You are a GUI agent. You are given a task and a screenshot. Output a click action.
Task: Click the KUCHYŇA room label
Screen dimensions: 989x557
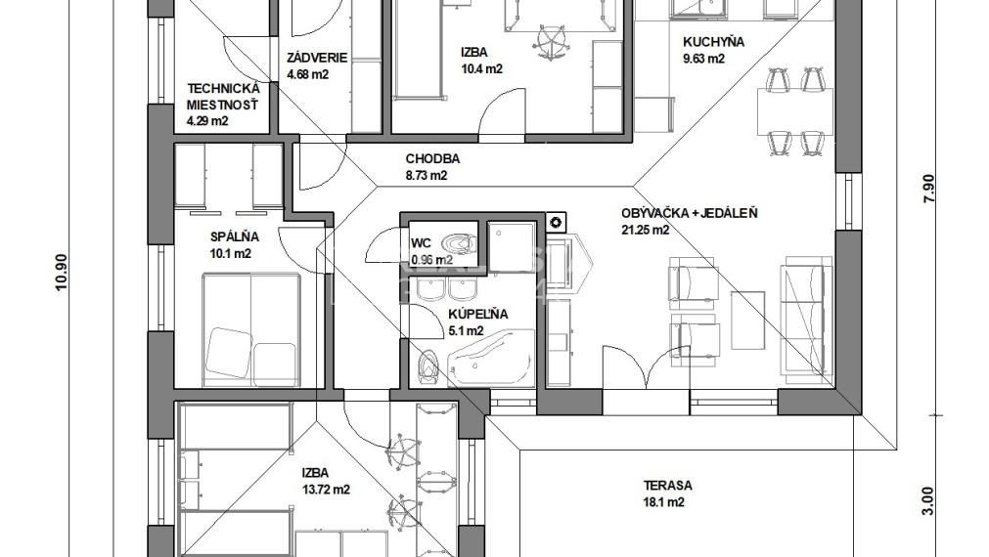point(713,42)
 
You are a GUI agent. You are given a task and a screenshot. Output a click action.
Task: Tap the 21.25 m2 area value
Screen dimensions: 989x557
point(646,230)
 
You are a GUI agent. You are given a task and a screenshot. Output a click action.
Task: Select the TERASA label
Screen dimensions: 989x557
point(667,486)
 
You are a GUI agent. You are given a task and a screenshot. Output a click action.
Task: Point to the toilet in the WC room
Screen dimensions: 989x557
point(459,241)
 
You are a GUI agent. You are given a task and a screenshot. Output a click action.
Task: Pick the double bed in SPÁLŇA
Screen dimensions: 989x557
point(251,329)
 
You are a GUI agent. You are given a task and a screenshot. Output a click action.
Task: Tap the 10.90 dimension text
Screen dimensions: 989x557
point(62,273)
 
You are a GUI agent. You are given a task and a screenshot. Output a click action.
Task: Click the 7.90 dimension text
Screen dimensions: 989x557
point(929,189)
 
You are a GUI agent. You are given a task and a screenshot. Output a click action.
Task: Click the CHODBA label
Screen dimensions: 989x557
point(432,158)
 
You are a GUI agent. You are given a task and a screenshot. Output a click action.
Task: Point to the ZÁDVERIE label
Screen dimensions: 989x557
point(317,58)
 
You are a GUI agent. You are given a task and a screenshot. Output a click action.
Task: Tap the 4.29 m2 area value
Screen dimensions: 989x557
point(207,121)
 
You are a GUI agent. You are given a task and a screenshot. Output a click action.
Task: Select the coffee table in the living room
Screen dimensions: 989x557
point(747,321)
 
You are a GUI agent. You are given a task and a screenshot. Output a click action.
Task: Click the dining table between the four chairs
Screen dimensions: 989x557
point(794,110)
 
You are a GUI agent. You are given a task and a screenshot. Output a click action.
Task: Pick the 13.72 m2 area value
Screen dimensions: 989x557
point(326,490)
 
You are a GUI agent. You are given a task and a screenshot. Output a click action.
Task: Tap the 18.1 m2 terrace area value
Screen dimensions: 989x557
point(664,503)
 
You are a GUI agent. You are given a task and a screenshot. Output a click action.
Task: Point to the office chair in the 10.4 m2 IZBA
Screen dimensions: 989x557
point(550,42)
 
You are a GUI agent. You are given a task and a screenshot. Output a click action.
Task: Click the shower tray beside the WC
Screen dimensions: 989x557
point(512,246)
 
